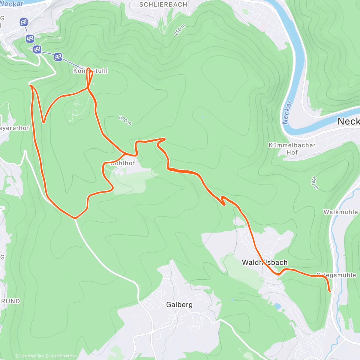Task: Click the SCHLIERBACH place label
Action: click(163, 4)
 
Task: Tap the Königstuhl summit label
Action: click(90, 71)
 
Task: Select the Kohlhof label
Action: click(123, 163)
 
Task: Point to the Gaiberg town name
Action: click(179, 305)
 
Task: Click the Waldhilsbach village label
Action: click(265, 262)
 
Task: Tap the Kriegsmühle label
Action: click(336, 275)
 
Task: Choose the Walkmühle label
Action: click(340, 212)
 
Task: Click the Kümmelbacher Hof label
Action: click(292, 149)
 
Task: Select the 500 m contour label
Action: click(125, 120)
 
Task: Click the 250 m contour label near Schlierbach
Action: click(180, 30)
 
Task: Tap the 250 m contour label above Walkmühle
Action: click(314, 183)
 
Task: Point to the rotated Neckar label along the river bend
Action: click(287, 112)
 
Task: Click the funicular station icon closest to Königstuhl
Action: click(58, 56)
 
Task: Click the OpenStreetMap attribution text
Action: click(63, 356)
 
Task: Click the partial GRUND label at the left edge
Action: click(10, 301)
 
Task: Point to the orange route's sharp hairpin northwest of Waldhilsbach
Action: click(223, 204)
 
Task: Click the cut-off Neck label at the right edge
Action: click(349, 121)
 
